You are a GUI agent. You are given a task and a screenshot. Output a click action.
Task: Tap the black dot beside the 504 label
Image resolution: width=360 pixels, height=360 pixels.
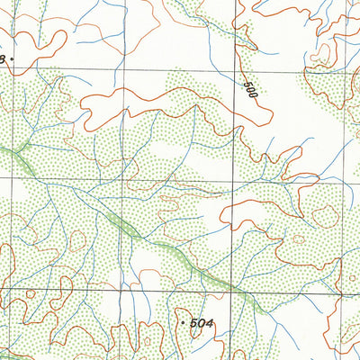pos(183,320)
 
